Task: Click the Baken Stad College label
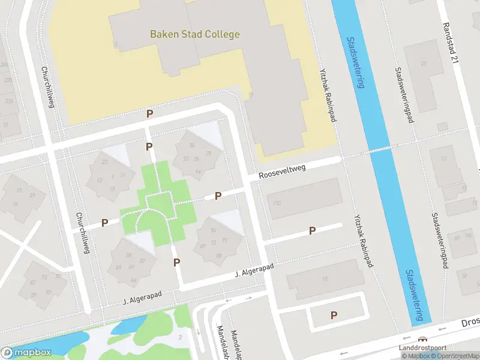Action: click(194, 34)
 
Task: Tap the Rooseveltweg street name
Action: click(282, 172)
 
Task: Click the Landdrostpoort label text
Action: click(423, 349)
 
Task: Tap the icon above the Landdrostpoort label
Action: click(423, 339)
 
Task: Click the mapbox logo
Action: click(26, 352)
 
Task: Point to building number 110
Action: click(277, 203)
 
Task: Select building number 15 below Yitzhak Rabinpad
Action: click(325, 278)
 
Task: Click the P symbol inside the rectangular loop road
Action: click(334, 315)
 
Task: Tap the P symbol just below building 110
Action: click(312, 230)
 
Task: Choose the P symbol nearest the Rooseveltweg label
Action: click(218, 196)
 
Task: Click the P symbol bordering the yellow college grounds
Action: click(149, 113)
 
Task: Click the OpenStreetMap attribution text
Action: click(456, 356)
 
